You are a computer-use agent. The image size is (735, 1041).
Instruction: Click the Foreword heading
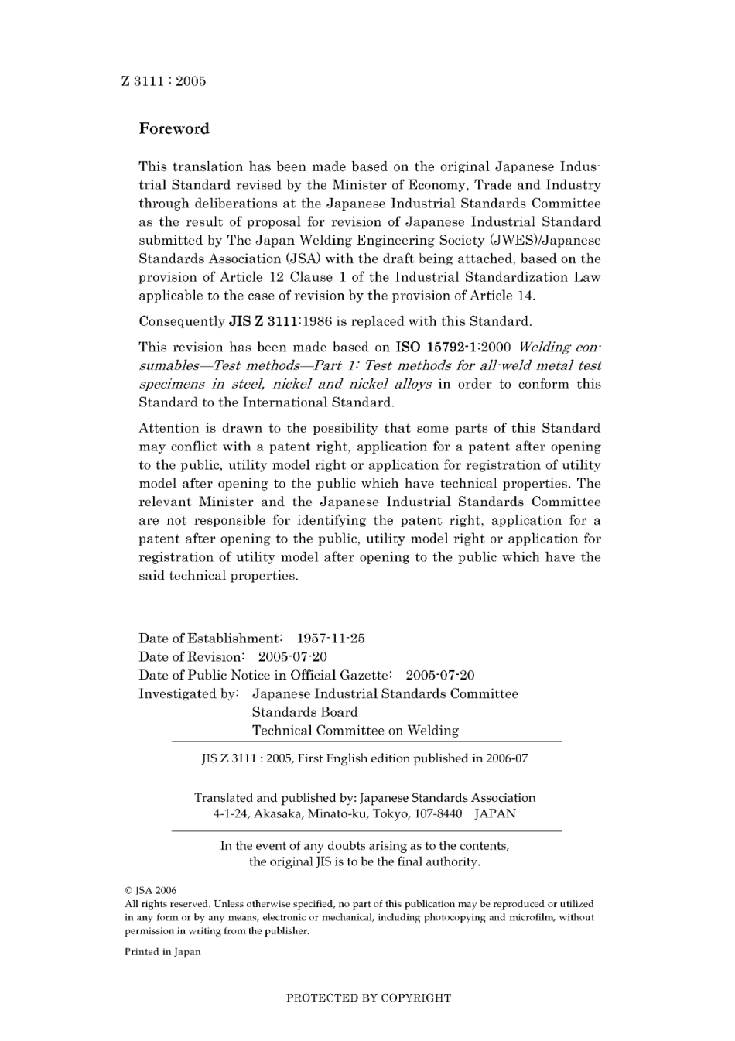tap(174, 129)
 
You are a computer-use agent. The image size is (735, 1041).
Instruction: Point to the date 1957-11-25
tap(331, 639)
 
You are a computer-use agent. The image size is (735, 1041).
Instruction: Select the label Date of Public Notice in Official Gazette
tap(268, 676)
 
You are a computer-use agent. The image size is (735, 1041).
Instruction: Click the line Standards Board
tap(305, 712)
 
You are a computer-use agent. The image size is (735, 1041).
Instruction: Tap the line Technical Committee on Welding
tap(355, 731)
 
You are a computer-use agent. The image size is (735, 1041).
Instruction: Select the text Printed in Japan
tap(162, 952)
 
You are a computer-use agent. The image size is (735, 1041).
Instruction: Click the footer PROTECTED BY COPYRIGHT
tap(368, 998)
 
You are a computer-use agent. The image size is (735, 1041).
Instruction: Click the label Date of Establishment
tap(210, 639)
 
